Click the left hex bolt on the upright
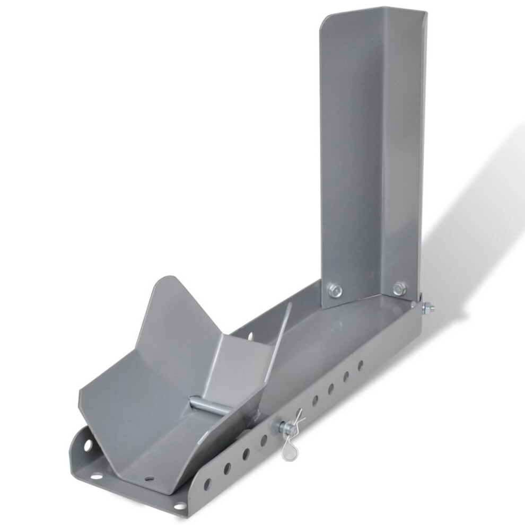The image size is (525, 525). [334, 290]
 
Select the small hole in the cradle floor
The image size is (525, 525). [150, 478]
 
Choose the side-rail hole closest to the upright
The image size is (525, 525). [360, 365]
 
